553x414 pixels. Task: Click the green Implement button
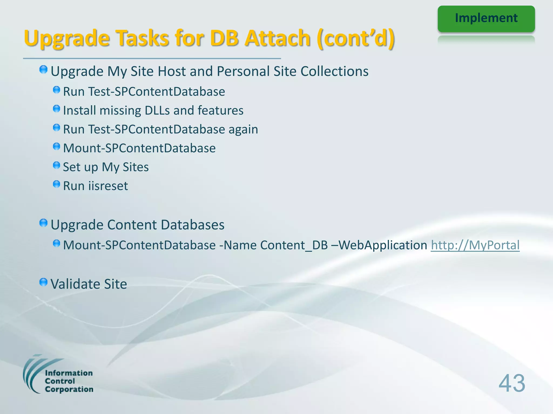[486, 18]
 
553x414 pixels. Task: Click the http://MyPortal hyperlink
[475, 245]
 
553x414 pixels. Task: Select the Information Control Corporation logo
[58, 375]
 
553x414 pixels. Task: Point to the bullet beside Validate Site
[43, 282]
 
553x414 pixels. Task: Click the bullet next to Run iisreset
[56, 184]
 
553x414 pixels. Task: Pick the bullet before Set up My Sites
[56, 165]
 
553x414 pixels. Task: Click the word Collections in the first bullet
[334, 71]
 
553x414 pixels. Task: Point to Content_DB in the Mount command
[294, 245]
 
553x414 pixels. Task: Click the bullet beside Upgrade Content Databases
[43, 223]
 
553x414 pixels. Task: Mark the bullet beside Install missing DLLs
[56, 109]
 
